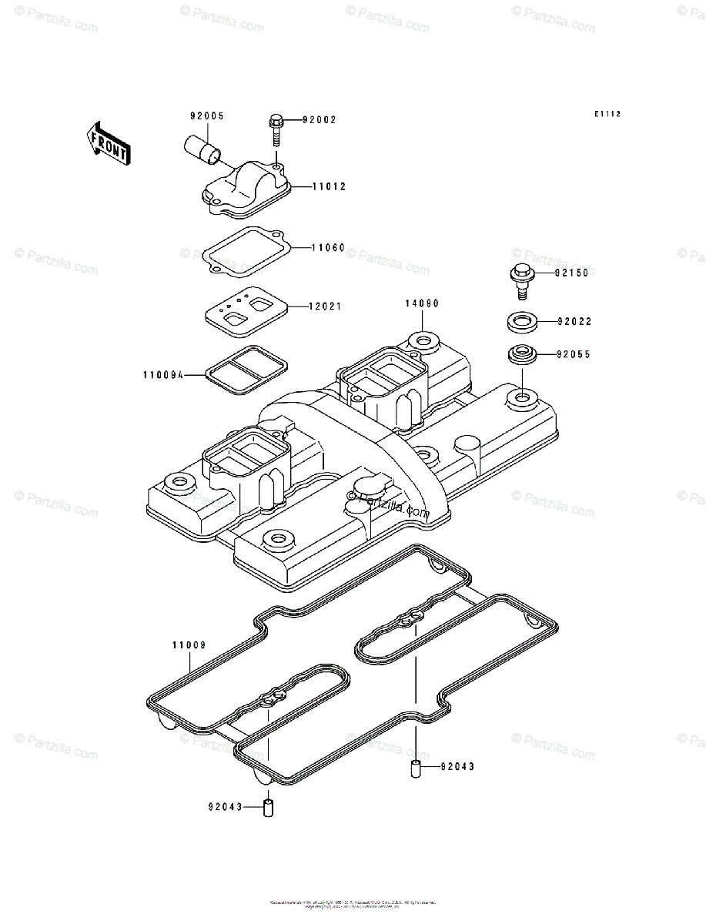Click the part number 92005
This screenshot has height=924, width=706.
click(x=207, y=116)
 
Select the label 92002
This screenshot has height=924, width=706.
click(x=319, y=120)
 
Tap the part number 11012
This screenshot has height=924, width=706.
click(x=330, y=186)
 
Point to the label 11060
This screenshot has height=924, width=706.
click(x=328, y=249)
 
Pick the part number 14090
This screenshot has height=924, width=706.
click(x=422, y=303)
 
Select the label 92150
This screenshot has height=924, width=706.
click(x=574, y=273)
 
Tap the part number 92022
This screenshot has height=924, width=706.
click(x=574, y=321)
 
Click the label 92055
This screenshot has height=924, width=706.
click(x=574, y=355)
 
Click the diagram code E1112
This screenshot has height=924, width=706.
click(x=607, y=115)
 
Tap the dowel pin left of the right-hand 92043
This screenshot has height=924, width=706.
click(x=415, y=768)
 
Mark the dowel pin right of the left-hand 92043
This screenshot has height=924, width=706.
click(x=269, y=808)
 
